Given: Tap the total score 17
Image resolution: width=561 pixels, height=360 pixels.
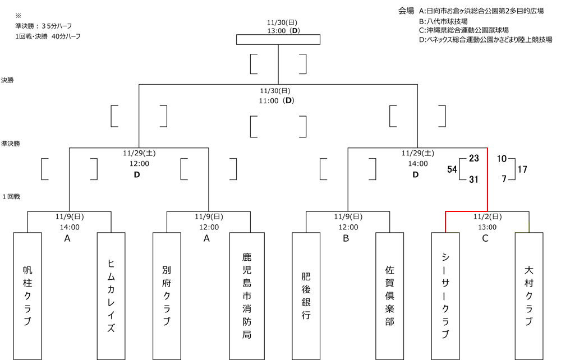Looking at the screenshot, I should pyautogui.click(x=522, y=168).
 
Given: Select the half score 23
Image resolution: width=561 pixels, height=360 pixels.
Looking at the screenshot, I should pyautogui.click(x=473, y=158).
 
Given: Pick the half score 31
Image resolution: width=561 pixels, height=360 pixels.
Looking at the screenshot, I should pyautogui.click(x=473, y=179).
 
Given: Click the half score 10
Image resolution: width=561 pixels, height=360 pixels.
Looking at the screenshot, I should pyautogui.click(x=502, y=158).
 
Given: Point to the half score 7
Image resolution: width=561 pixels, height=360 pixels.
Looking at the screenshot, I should pyautogui.click(x=504, y=179).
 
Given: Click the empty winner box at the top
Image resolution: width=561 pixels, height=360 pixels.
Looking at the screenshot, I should pyautogui.click(x=278, y=39).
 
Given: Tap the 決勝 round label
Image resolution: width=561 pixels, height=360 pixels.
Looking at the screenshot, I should pyautogui.click(x=8, y=80).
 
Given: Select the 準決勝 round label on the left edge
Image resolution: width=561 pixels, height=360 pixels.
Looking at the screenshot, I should pyautogui.click(x=10, y=144).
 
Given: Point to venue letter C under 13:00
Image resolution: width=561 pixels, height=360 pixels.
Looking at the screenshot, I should pyautogui.click(x=485, y=238).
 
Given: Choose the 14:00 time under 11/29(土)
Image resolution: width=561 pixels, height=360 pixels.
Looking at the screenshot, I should pyautogui.click(x=416, y=164).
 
